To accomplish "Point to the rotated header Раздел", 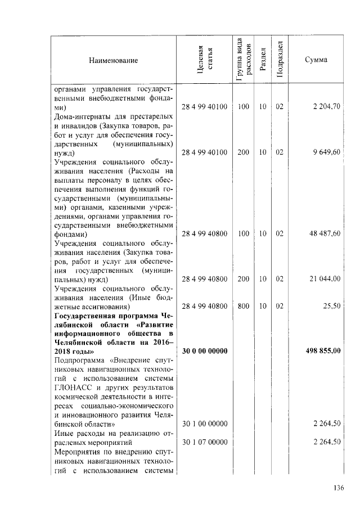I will pyautogui.click(x=263, y=60).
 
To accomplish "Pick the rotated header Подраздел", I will pyautogui.click(x=280, y=60).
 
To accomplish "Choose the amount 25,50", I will pyautogui.click(x=332, y=307).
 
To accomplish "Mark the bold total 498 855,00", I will pyautogui.click(x=323, y=352).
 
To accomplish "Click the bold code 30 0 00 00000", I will pyautogui.click(x=204, y=352).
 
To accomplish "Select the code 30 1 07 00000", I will pyautogui.click(x=204, y=442).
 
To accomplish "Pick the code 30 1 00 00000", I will pyautogui.click(x=204, y=424).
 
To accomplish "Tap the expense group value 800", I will pyautogui.click(x=243, y=307).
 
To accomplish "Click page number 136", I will pyautogui.click(x=338, y=488).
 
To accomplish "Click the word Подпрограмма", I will pyautogui.click(x=81, y=361).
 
